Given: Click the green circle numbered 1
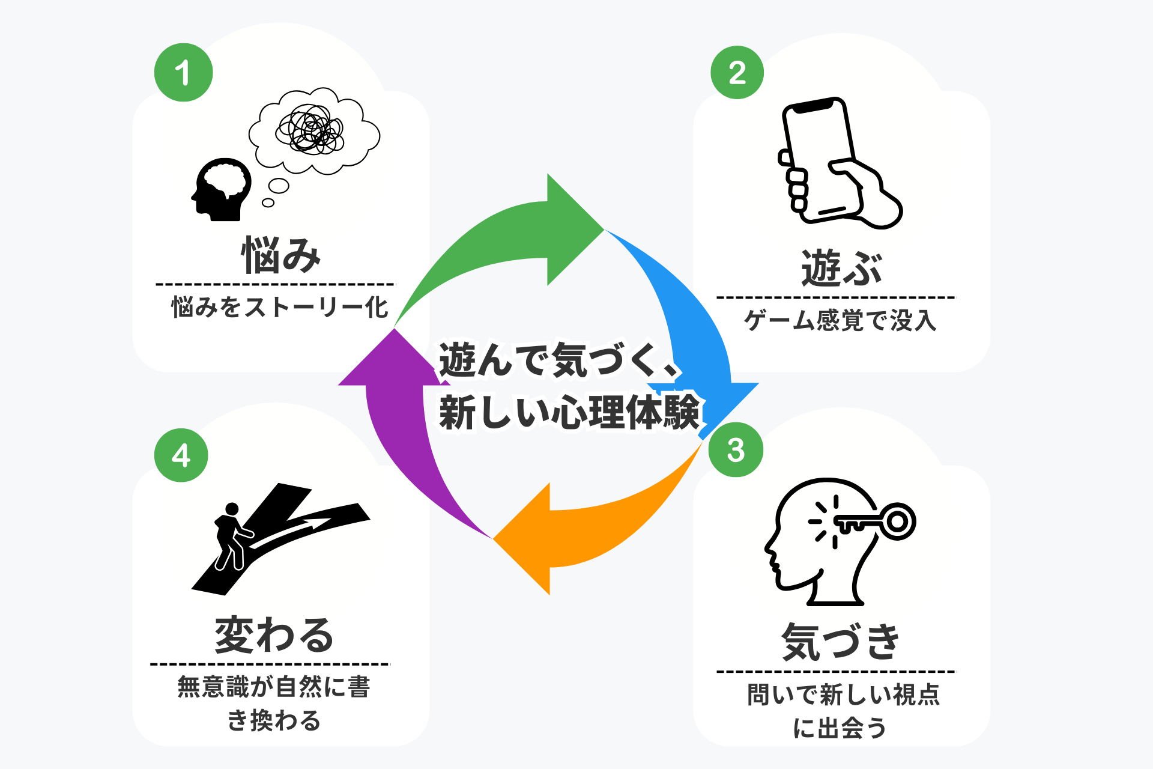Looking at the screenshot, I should point(183,73).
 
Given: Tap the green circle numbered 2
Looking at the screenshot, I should point(737,73).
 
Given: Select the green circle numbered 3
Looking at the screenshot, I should point(736,450).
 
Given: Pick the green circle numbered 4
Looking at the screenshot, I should point(181,455).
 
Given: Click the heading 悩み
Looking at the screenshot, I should point(281,255).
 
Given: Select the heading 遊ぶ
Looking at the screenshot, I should point(841,268).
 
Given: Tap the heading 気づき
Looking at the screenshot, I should point(840,642).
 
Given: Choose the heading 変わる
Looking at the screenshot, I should point(274,635).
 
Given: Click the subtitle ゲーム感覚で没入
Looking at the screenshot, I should point(840,320).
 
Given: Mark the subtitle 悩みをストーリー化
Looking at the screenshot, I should point(280,307).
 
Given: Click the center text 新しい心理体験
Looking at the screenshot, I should point(569,412).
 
